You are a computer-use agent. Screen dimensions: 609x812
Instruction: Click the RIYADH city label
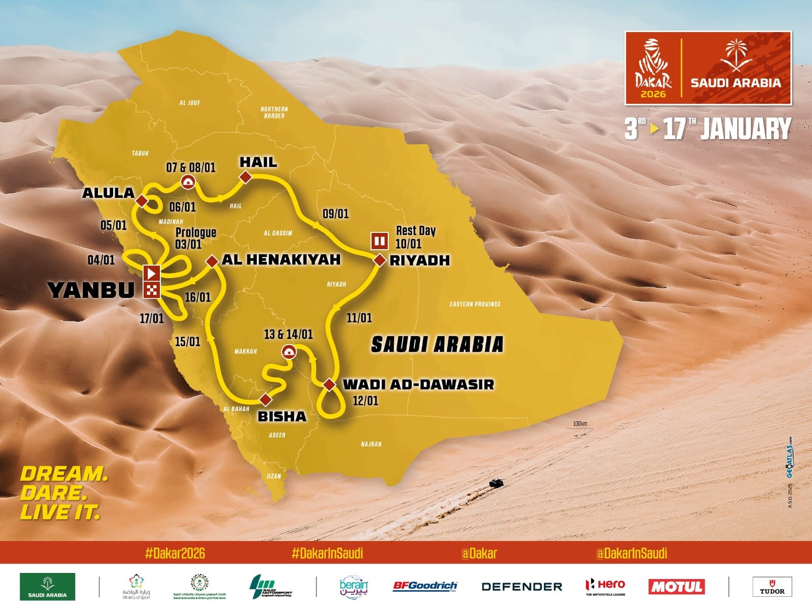click(x=419, y=260)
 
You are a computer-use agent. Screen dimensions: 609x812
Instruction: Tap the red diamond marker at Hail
click(x=246, y=177)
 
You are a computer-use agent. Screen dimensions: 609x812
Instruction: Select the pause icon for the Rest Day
click(x=380, y=240)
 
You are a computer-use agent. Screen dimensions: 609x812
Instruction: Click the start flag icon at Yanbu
click(x=152, y=273)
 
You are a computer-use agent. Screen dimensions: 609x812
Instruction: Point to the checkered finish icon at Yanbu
click(x=152, y=290)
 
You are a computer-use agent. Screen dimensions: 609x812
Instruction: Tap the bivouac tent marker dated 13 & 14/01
click(x=288, y=351)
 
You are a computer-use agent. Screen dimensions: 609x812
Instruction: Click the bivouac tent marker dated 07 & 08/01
click(x=187, y=182)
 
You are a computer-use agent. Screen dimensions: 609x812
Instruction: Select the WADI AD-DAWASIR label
click(x=418, y=384)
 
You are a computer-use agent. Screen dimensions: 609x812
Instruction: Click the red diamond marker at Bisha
click(x=265, y=399)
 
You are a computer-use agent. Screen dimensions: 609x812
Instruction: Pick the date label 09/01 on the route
click(x=335, y=214)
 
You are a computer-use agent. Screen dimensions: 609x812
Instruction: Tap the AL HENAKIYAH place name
click(x=281, y=259)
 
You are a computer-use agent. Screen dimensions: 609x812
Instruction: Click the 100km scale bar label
click(x=580, y=424)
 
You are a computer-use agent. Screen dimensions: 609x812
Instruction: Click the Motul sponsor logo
click(x=676, y=587)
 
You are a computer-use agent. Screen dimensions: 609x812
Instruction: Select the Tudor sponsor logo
click(x=771, y=587)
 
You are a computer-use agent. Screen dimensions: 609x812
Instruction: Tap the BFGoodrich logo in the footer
click(x=425, y=586)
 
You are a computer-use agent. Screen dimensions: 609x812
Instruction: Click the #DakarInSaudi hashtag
click(x=327, y=553)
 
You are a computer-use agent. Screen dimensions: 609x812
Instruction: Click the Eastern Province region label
click(x=475, y=304)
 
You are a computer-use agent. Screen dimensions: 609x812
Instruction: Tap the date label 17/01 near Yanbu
click(x=152, y=319)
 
